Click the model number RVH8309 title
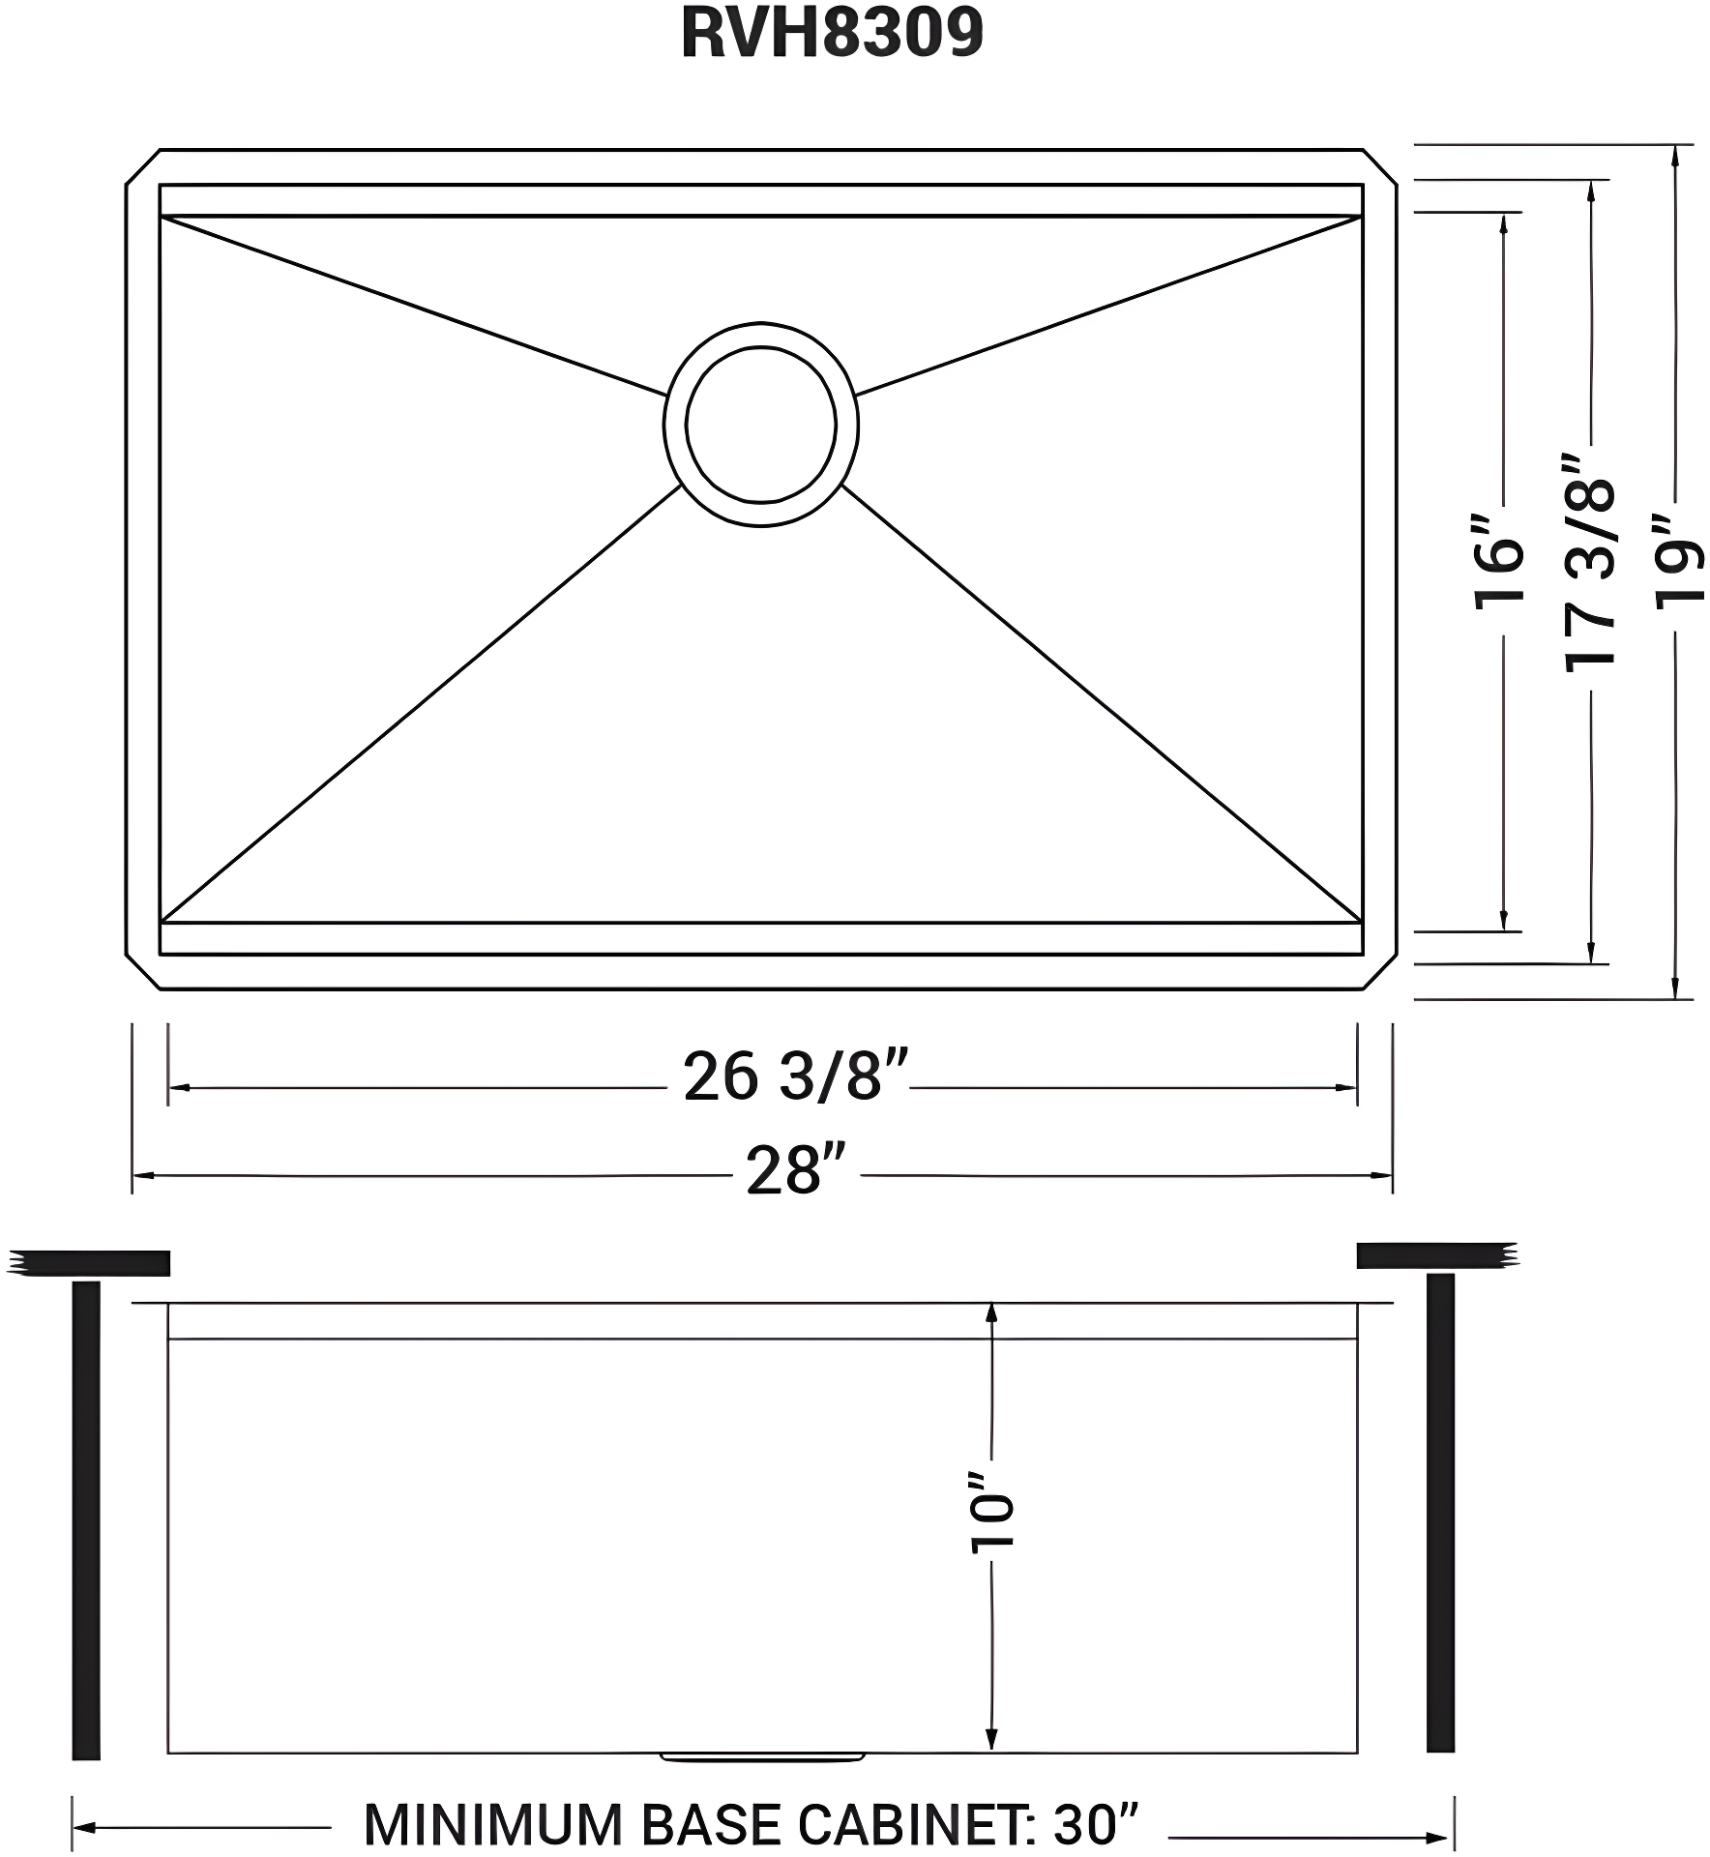pos(832,34)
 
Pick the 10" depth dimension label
pos(992,1527)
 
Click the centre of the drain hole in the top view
pos(760,424)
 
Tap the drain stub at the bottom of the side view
pos(762,1754)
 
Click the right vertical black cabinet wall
pos(1440,1514)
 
